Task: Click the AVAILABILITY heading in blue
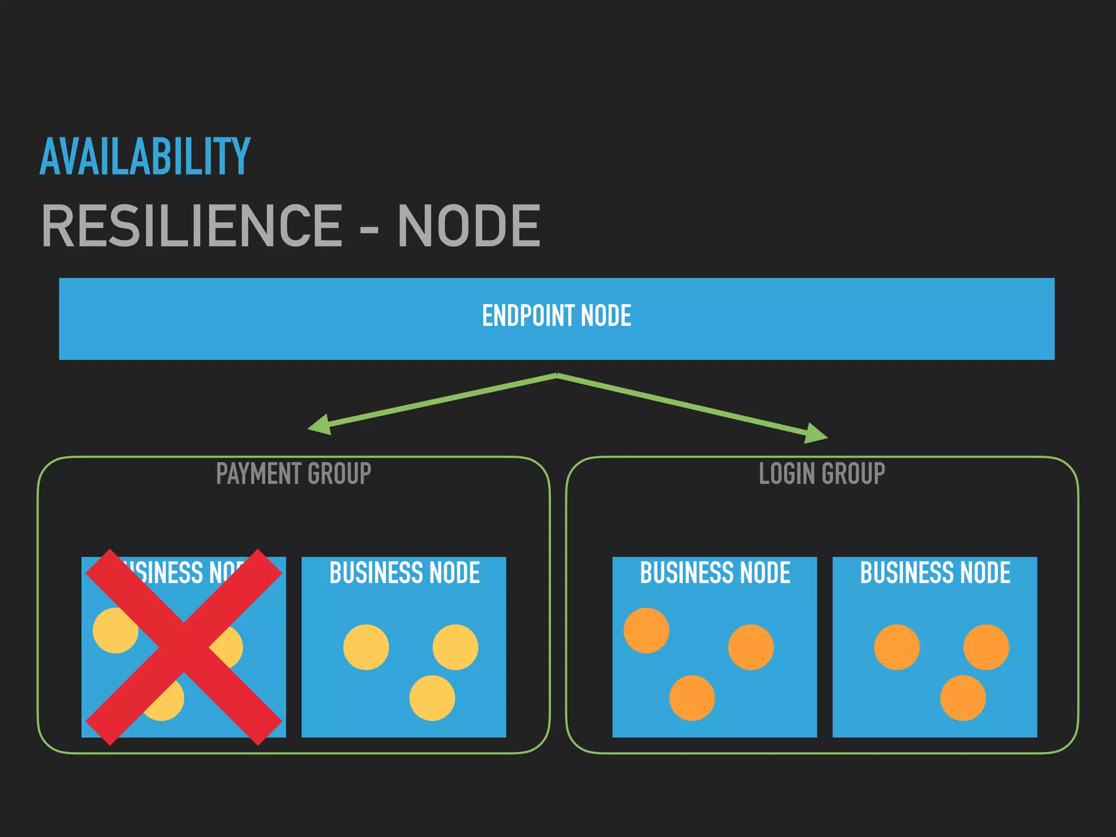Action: click(145, 157)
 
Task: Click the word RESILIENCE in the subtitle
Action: click(192, 226)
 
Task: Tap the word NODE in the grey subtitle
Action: click(469, 226)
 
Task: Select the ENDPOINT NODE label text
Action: click(556, 316)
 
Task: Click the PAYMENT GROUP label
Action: click(294, 473)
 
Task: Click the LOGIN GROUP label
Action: click(822, 473)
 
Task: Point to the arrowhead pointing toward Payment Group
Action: click(320, 425)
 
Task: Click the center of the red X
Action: click(184, 647)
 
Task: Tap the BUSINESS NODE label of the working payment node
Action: click(404, 573)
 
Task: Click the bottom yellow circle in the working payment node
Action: click(432, 698)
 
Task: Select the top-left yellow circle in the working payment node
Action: click(366, 647)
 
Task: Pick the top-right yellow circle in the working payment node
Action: click(456, 647)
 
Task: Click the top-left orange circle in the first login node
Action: click(646, 630)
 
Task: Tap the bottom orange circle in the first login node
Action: click(692, 698)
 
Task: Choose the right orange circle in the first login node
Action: click(751, 647)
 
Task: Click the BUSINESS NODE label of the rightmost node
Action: click(935, 573)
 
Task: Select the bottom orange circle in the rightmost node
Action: click(963, 698)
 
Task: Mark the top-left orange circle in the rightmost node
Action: click(897, 647)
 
